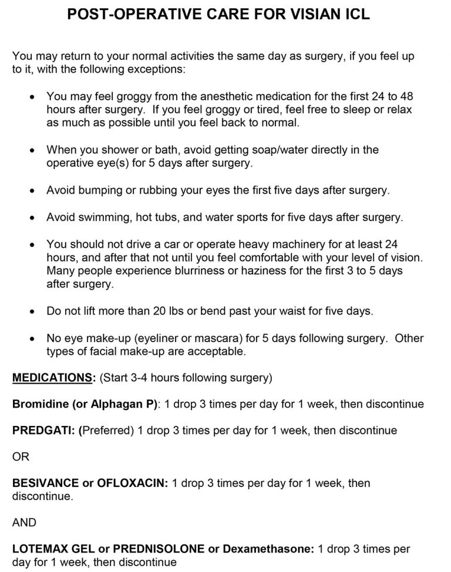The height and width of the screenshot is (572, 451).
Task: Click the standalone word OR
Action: (x=21, y=457)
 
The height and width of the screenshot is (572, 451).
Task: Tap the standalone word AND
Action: (x=24, y=522)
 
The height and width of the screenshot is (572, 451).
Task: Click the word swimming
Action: (x=102, y=217)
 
